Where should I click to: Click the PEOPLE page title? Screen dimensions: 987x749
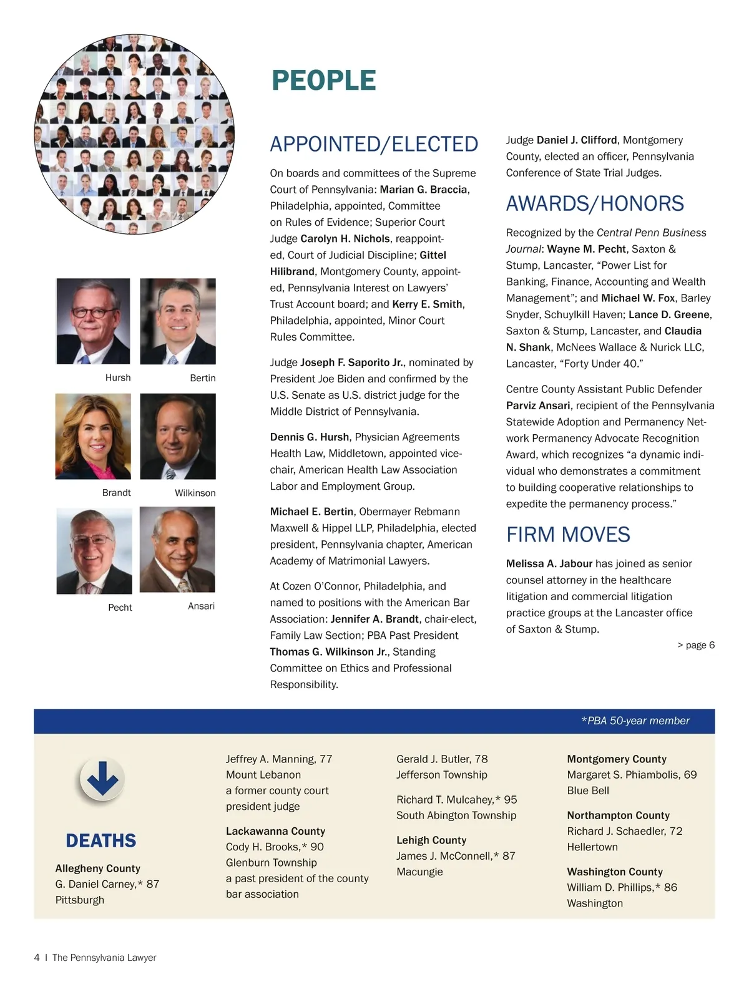323,80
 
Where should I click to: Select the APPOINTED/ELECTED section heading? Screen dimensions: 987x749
374,144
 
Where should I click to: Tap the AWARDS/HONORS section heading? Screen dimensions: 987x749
594,203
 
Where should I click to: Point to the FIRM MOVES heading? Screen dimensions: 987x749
568,535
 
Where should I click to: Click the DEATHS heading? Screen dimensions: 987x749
100,841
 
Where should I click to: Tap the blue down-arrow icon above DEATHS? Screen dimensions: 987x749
102,779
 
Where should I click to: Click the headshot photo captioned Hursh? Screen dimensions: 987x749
93,321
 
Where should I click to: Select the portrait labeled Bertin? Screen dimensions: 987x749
178,321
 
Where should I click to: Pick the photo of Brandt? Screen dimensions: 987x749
93,436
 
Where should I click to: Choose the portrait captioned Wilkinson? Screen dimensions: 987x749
178,436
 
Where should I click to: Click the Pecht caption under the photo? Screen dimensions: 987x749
120,608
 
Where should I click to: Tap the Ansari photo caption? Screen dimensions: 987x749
201,606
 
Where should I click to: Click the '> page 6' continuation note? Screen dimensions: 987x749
696,645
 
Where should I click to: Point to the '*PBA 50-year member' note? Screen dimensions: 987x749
635,721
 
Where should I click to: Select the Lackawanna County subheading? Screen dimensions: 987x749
275,831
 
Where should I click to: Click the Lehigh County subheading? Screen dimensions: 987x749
431,840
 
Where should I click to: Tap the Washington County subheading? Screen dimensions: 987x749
614,872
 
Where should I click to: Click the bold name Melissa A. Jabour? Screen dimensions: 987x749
549,563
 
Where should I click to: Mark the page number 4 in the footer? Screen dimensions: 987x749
37,958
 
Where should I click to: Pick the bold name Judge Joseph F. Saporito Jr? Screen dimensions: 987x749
352,362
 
